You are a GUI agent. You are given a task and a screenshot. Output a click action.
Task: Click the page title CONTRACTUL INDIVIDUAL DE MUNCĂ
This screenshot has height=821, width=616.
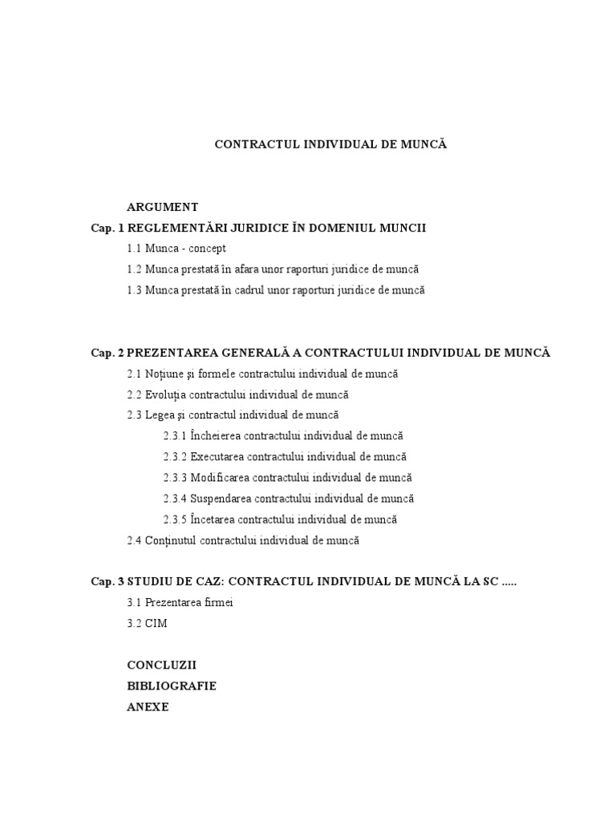330,144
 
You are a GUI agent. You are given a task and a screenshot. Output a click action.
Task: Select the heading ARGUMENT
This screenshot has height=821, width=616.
162,207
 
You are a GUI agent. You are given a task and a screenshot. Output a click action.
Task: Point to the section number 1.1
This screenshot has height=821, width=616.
134,249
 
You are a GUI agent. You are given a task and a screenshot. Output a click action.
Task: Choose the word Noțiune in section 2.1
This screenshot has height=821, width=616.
165,374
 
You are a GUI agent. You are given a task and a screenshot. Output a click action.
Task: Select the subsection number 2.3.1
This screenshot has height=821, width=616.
174,436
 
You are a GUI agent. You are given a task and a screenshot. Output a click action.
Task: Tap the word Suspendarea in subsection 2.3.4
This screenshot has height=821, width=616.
222,499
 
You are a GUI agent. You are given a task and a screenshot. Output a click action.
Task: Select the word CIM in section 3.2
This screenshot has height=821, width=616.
156,624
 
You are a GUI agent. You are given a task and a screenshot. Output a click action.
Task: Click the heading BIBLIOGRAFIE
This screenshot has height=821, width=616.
172,686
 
